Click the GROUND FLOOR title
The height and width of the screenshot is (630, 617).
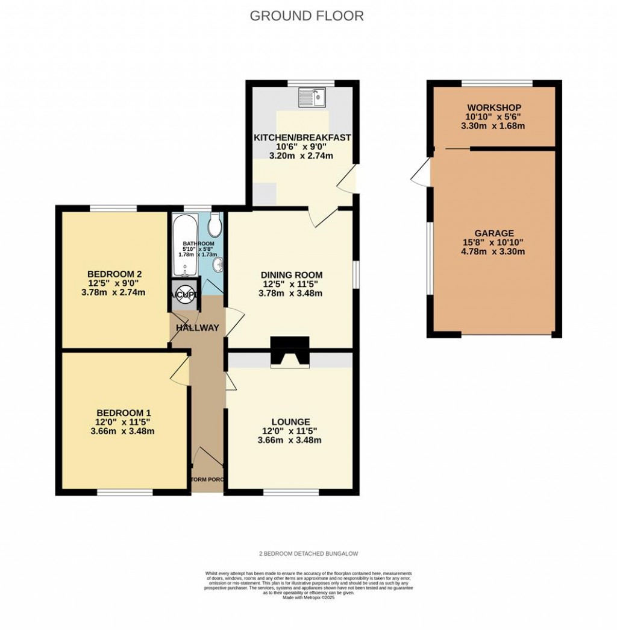[307, 16]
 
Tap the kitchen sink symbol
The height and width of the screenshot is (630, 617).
[312, 96]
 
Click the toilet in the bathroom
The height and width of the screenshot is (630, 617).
[215, 227]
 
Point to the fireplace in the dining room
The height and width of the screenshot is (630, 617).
[290, 352]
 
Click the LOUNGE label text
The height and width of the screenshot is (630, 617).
[290, 421]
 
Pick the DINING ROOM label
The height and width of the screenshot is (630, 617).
[290, 274]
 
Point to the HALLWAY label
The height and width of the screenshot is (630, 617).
[197, 327]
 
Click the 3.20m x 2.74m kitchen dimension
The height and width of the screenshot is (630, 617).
[301, 156]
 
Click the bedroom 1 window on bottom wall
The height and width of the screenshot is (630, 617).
[125, 492]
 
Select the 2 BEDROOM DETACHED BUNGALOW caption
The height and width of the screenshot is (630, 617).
[308, 553]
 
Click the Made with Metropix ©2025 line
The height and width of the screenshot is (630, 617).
[308, 597]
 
